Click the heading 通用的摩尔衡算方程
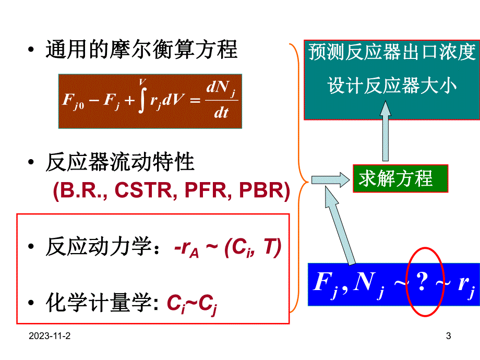click(x=141, y=51)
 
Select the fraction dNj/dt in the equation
click(x=221, y=101)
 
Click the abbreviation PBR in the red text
click(x=264, y=191)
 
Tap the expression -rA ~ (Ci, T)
click(x=227, y=248)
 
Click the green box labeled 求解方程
click(x=400, y=178)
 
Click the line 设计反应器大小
click(x=391, y=85)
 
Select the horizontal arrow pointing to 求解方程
click(x=330, y=179)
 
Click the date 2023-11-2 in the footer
click(x=50, y=337)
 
